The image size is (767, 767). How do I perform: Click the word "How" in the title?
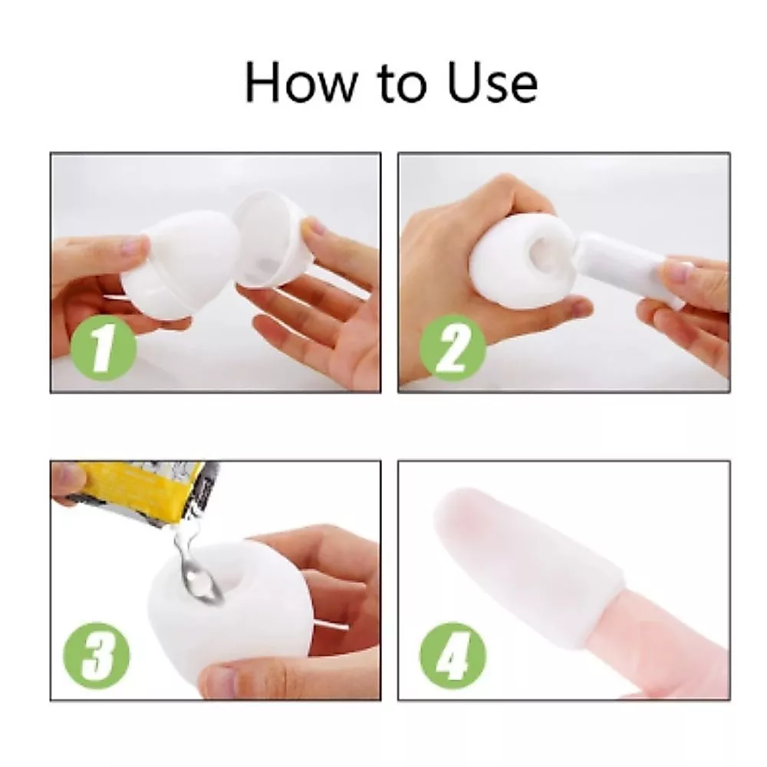point(301,82)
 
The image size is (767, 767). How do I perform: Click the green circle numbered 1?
point(104,347)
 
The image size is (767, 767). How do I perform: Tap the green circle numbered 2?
point(453,347)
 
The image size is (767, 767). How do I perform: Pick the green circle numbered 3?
point(97,656)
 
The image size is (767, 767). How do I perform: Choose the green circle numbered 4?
point(453,656)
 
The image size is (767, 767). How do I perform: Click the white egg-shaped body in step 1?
point(181,262)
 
